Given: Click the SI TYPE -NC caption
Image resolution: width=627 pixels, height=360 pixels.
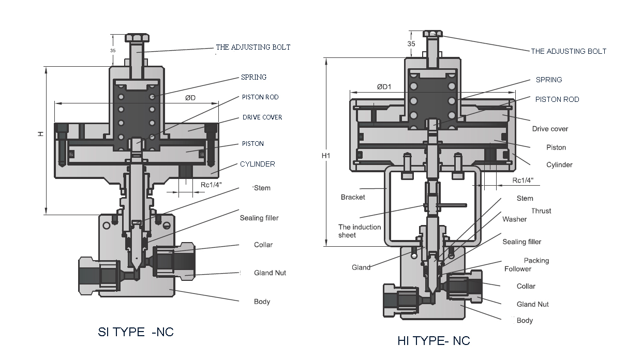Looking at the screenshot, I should (x=136, y=332).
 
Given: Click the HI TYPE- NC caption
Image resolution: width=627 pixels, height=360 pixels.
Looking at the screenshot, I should (x=434, y=341).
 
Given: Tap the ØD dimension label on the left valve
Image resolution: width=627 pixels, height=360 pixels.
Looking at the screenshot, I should (x=190, y=97).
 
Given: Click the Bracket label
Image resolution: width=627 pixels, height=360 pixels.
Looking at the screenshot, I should (x=353, y=197).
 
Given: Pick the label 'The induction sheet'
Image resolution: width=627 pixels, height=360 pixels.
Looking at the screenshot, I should (x=360, y=231).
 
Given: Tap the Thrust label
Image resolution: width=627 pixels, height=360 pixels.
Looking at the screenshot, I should (x=541, y=211).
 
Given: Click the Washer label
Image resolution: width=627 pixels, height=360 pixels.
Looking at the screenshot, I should (x=514, y=219).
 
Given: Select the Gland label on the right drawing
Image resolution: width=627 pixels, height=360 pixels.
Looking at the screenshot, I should (x=361, y=267).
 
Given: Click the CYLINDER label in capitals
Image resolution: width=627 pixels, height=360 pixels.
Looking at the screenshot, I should (x=257, y=164).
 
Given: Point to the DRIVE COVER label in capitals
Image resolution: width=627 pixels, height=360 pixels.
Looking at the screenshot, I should (x=262, y=117).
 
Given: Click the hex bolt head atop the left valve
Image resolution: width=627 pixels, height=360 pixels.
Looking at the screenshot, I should (x=137, y=38).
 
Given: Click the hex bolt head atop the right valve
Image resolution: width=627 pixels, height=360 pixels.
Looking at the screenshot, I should (x=432, y=34).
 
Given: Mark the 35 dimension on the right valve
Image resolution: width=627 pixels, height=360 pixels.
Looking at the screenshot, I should (x=411, y=44).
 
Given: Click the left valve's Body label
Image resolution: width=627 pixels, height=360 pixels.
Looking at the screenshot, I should (x=262, y=302).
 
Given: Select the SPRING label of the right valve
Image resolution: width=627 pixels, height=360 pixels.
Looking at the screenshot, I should (x=549, y=80).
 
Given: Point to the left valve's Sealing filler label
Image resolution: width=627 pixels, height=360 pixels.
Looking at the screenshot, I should (x=259, y=218).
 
